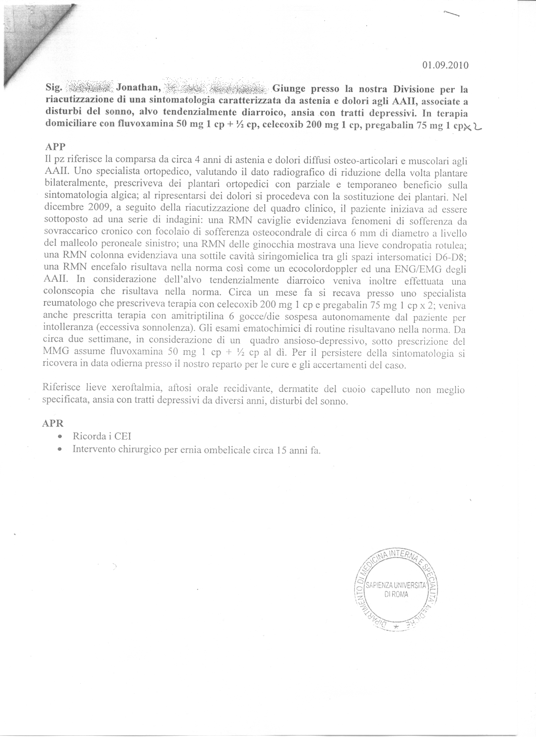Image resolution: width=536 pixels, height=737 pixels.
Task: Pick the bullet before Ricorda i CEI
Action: [61, 437]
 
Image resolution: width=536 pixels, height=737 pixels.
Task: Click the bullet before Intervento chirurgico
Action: [61, 450]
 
